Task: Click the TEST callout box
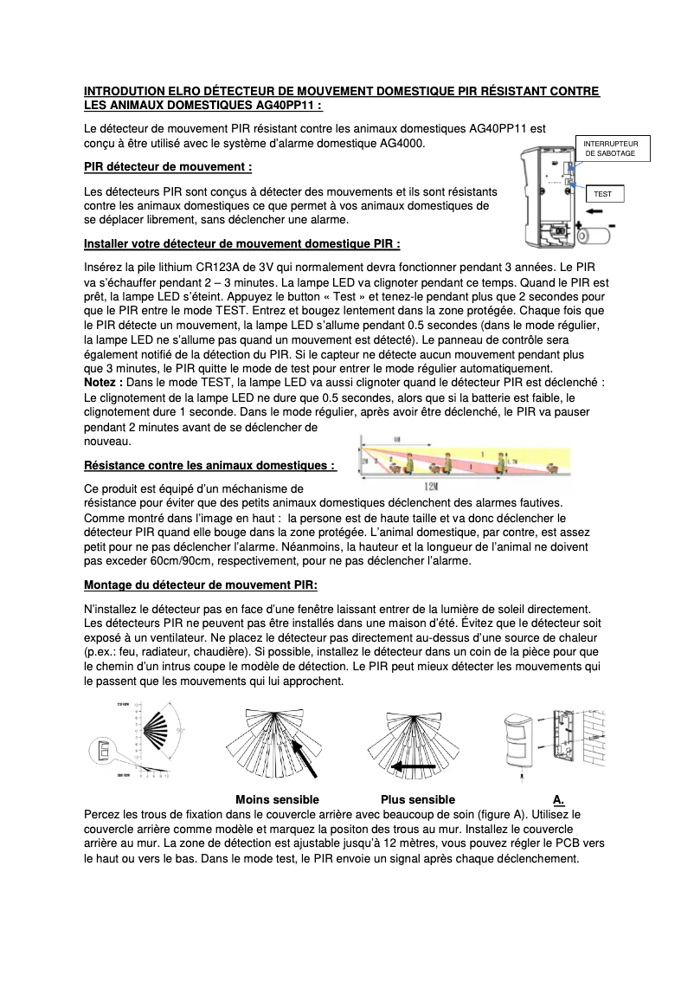pos(604,194)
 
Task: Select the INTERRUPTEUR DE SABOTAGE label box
pos(610,147)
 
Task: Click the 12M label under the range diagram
pos(453,487)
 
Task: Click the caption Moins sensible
pos(277,799)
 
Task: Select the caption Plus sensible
pos(418,799)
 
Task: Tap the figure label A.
pos(558,799)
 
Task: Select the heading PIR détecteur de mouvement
pos(168,166)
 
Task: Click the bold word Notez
pos(100,382)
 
